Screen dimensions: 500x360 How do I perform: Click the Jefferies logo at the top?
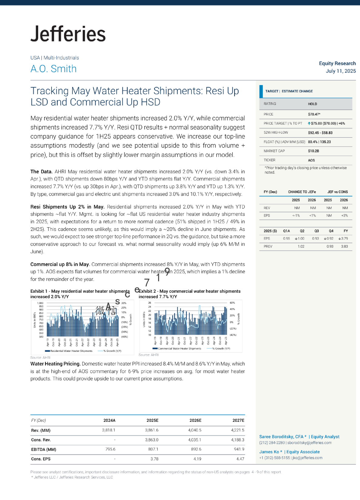click(x=68, y=34)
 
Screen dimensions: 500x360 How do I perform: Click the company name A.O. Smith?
click(x=54, y=69)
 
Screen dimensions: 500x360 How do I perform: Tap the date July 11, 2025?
click(x=341, y=71)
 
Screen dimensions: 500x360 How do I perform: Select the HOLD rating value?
click(x=312, y=104)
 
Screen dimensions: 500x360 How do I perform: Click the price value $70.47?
click(x=314, y=114)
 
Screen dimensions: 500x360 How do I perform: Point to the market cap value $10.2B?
click(x=313, y=151)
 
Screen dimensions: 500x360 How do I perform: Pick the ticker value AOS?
click(x=311, y=160)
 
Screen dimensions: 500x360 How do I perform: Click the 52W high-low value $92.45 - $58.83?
click(x=320, y=133)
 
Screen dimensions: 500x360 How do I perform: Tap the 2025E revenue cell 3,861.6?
click(x=152, y=430)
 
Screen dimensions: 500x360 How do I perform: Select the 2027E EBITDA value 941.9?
click(x=239, y=449)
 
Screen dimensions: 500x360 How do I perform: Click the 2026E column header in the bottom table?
click(x=195, y=420)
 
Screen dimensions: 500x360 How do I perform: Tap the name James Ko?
click(x=269, y=452)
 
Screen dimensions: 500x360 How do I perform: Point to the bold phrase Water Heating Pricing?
click(x=55, y=364)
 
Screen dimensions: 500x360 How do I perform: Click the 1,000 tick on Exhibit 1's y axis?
click(x=40, y=303)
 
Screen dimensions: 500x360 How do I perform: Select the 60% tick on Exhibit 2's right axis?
click(x=232, y=303)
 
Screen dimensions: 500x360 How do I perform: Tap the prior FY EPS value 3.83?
click(x=344, y=246)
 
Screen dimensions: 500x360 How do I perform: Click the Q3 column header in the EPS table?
click(x=316, y=231)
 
